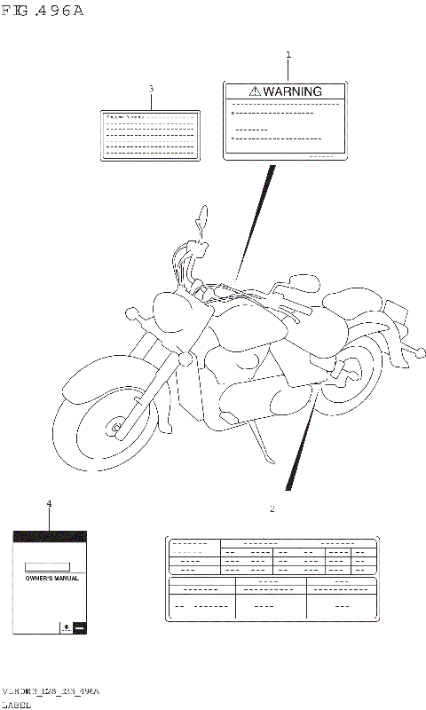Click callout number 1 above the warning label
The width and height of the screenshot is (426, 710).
[288, 55]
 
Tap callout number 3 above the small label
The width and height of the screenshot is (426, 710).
[151, 89]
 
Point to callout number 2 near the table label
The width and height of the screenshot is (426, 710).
[272, 509]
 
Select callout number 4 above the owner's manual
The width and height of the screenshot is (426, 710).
[49, 504]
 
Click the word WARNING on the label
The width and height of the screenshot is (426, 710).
[292, 91]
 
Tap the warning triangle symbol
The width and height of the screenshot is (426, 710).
[255, 91]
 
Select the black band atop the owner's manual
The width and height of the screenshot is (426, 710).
[49, 537]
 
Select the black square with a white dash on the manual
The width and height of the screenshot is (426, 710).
[79, 627]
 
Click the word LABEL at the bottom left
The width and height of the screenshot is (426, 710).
[17, 704]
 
